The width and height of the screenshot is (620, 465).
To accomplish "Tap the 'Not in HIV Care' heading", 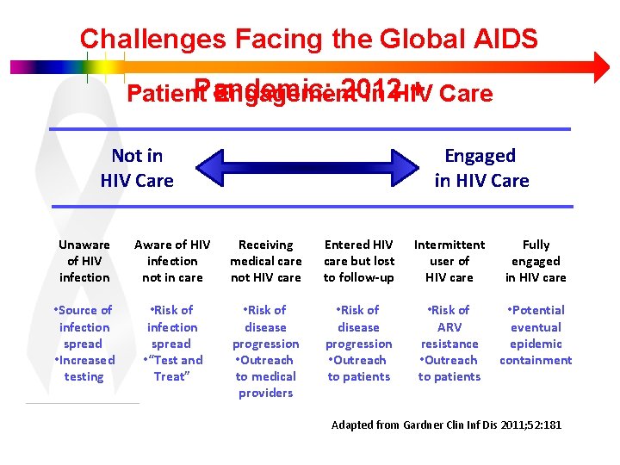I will (x=137, y=168).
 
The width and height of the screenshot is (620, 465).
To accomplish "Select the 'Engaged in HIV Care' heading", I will (x=480, y=168).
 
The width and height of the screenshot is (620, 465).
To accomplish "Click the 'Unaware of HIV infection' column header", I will (x=84, y=261).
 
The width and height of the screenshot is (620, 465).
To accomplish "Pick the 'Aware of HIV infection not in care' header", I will (x=172, y=261).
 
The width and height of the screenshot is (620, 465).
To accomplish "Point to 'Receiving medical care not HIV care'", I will (x=266, y=261).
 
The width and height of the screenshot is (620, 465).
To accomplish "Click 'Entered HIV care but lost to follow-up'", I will (x=359, y=261).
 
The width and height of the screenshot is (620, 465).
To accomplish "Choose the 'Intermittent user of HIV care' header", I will (x=449, y=261).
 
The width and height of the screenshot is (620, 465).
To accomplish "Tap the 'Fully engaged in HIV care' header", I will (x=536, y=261).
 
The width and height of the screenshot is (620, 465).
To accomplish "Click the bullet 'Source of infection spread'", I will (x=84, y=326).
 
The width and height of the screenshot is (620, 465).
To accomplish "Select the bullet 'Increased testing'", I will (x=84, y=369).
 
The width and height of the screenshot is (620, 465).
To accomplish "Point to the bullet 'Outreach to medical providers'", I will (x=266, y=376).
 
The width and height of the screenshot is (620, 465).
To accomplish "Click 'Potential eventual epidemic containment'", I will (x=536, y=335).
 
